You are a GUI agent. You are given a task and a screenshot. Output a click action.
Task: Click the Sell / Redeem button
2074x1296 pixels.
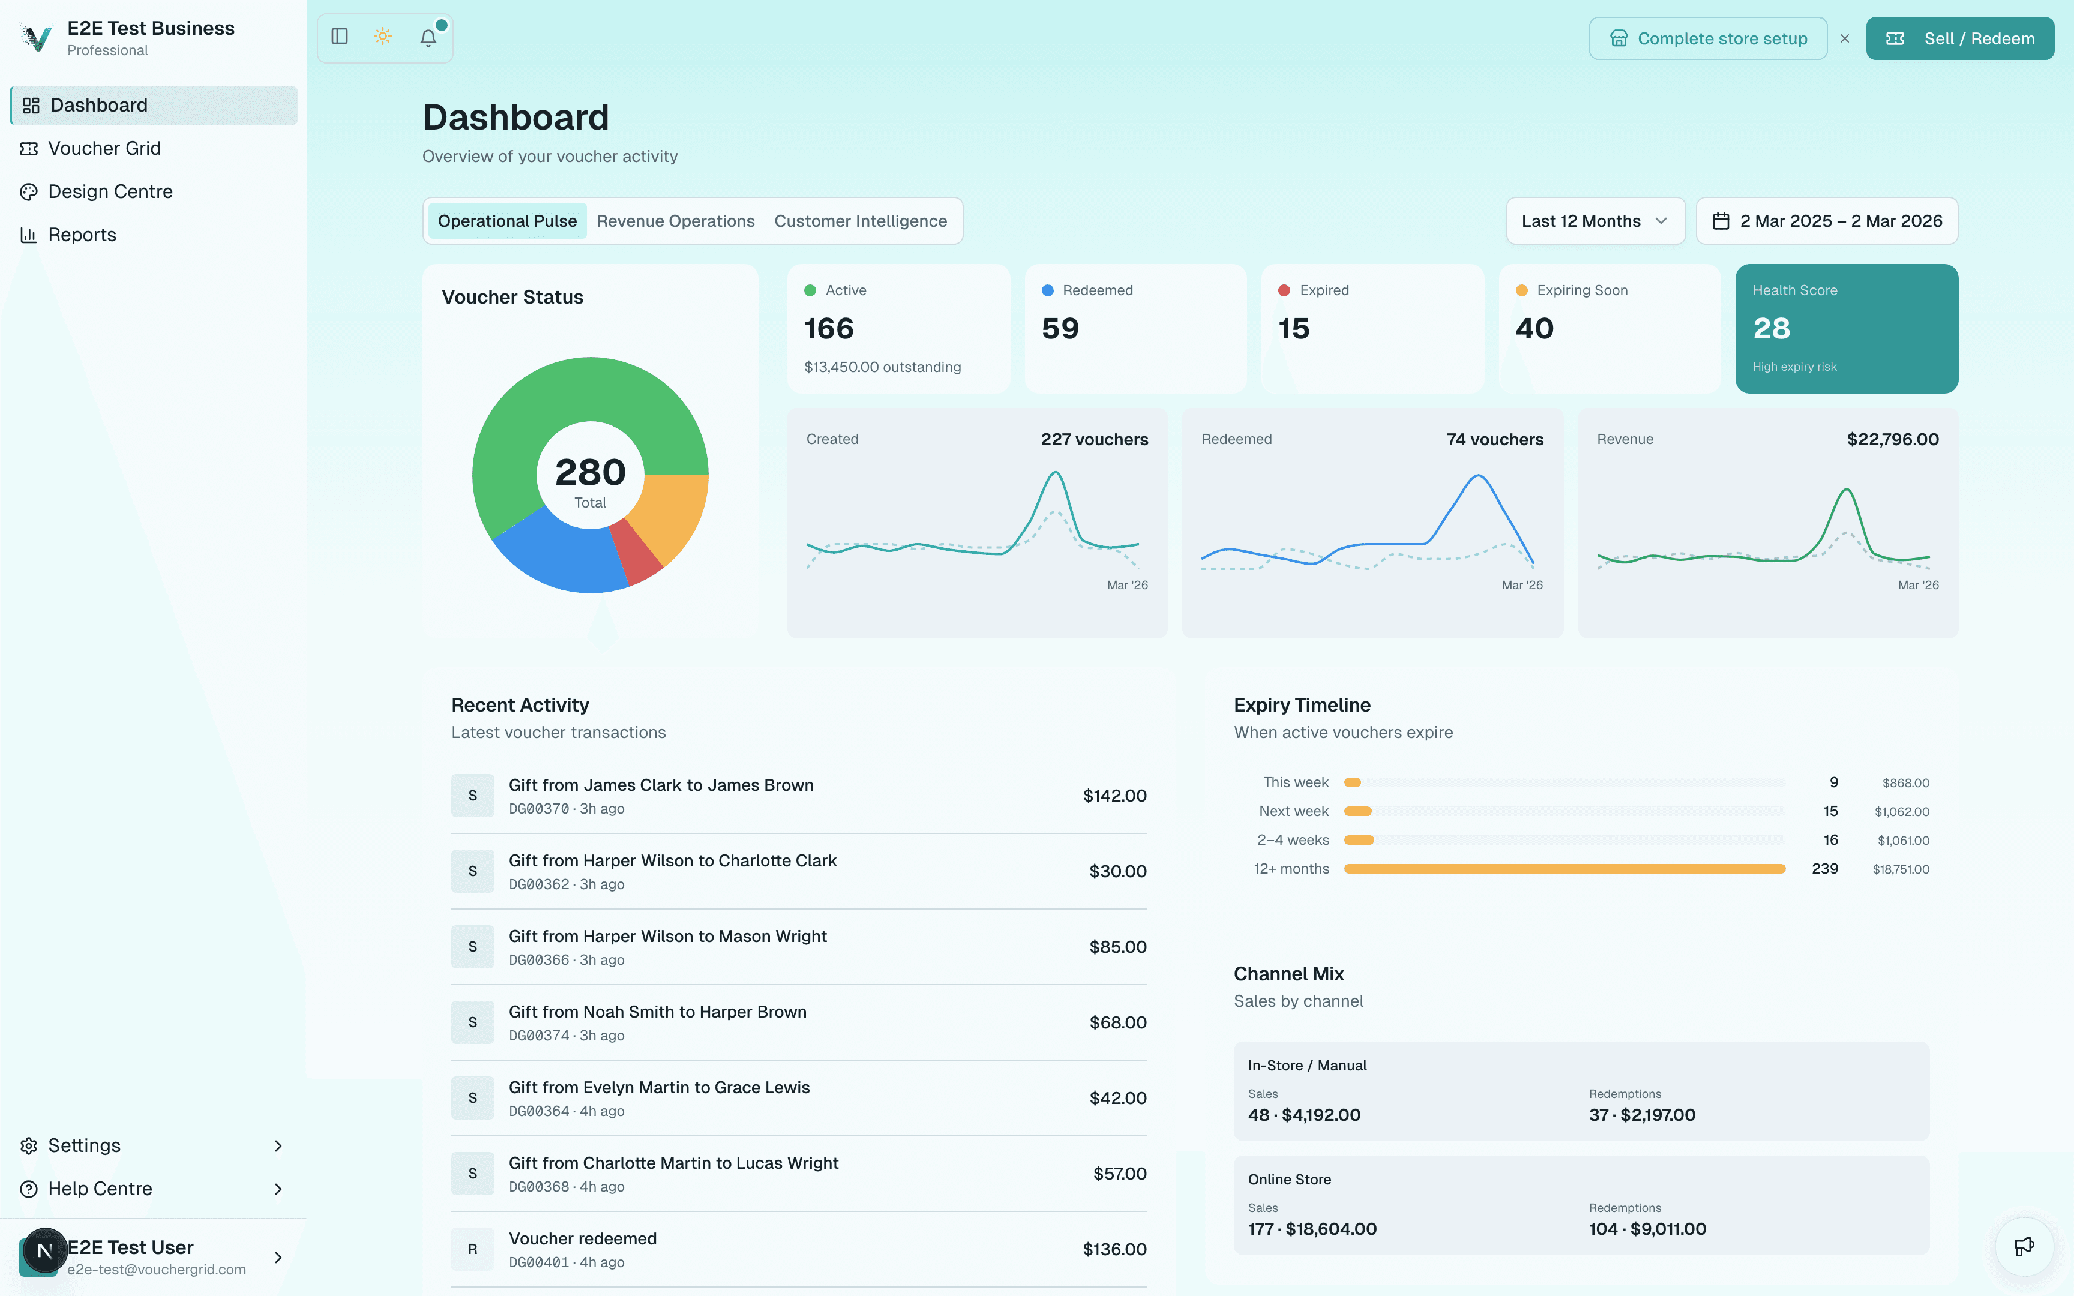coord(1959,38)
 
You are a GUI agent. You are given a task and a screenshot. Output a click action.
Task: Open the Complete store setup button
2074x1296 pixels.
coord(1707,38)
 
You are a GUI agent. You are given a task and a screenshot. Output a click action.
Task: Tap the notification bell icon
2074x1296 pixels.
coord(428,38)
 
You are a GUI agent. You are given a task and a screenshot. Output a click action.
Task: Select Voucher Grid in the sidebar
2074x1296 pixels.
coord(104,148)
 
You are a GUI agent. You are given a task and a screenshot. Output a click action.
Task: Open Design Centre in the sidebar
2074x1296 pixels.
coord(110,191)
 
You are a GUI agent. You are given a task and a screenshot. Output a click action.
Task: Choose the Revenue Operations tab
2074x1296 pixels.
coord(675,221)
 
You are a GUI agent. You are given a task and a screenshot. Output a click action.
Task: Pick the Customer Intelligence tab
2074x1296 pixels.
coord(861,221)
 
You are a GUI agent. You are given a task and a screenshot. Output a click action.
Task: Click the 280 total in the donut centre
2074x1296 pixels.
coord(590,472)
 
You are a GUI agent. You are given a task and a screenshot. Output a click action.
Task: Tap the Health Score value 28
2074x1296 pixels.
coord(1772,328)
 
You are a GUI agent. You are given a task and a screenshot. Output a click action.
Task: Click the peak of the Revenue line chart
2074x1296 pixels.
coord(1847,490)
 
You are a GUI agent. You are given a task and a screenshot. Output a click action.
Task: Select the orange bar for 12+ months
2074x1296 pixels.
coord(1564,868)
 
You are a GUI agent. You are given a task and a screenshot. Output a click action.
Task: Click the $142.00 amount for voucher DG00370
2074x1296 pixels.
coord(1114,796)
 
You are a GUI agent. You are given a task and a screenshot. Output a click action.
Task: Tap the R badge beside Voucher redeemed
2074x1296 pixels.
coord(472,1249)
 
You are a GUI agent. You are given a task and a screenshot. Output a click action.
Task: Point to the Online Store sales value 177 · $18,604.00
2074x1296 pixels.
coord(1312,1228)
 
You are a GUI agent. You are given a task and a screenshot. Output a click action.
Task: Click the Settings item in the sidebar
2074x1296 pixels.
coord(84,1145)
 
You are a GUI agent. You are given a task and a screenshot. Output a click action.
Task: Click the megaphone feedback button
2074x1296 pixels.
coord(2024,1246)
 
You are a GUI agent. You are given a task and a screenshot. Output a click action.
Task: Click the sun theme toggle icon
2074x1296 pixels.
coord(383,37)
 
